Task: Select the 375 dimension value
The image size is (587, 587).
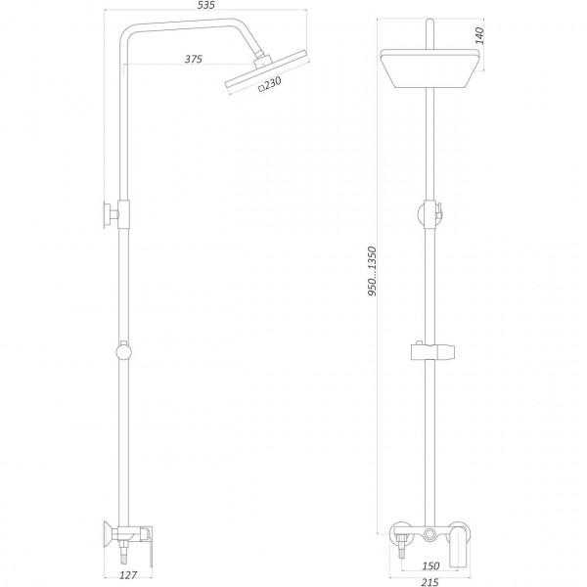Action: pyautogui.click(x=194, y=60)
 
